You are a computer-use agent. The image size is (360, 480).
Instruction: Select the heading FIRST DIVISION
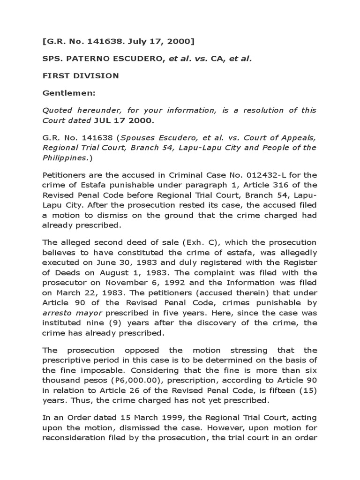pos(76,76)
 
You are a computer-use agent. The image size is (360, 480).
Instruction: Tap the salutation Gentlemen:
pos(69,93)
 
